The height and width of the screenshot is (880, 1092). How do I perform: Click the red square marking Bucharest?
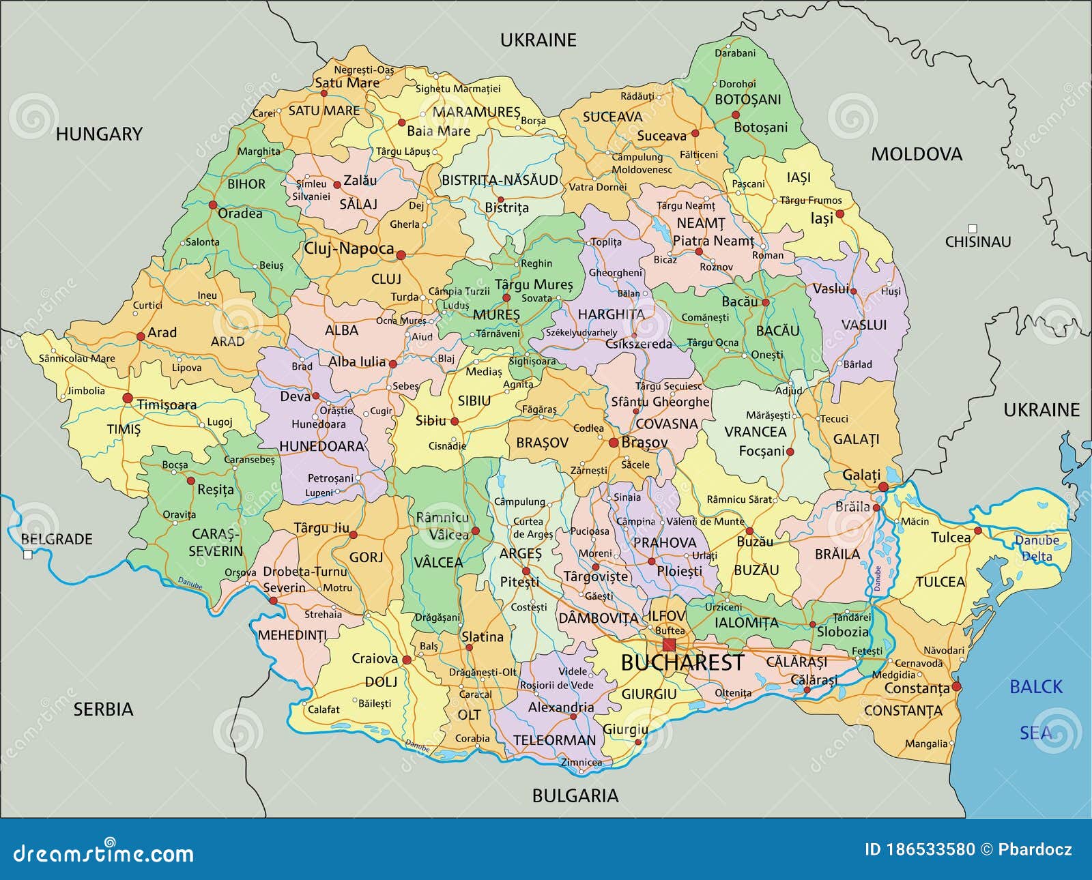coord(669,645)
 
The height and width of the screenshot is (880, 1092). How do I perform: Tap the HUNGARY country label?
coord(99,134)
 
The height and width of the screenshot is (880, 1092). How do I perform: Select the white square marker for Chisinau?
coord(973,229)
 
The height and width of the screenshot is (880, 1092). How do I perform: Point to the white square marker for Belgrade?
coord(28,555)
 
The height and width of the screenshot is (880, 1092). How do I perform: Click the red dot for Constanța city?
coord(956,686)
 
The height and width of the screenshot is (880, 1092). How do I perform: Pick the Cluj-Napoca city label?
coord(349,248)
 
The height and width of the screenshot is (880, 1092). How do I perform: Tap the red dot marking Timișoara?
coord(127,398)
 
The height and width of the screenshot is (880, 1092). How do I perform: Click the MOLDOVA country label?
coord(916,154)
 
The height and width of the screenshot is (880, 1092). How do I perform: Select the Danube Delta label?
coord(1037,548)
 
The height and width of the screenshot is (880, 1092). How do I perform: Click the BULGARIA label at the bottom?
coord(575,795)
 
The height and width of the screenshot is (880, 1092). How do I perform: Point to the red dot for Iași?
coord(840,214)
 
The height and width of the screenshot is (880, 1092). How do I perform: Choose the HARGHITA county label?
coord(611,314)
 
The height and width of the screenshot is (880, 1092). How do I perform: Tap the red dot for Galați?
coord(883,487)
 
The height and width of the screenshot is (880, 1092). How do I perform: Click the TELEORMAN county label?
coord(554,740)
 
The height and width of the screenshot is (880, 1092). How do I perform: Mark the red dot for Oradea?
coord(213,205)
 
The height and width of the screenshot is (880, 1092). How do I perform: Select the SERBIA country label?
coord(103,709)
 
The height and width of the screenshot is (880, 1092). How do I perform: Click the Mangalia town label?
coord(926,744)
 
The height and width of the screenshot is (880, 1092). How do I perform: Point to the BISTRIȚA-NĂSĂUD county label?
coord(500,181)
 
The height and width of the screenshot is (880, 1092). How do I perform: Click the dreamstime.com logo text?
coord(99,853)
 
